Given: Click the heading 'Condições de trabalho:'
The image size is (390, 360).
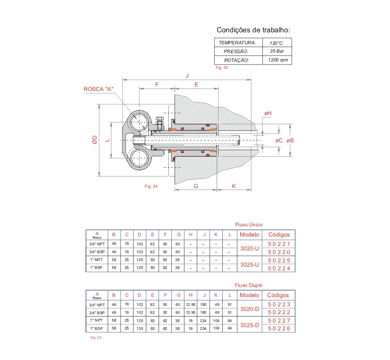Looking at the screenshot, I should pyautogui.click(x=253, y=30).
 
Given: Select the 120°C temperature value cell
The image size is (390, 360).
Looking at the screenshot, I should pyautogui.click(x=276, y=43).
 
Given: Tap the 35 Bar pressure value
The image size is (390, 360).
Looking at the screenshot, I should pyautogui.click(x=276, y=51).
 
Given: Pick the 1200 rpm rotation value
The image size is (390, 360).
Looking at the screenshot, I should pyautogui.click(x=276, y=60).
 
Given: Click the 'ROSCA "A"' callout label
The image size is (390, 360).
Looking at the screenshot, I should pyautogui.click(x=98, y=89).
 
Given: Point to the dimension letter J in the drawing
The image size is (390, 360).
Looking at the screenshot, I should pyautogui.click(x=187, y=75).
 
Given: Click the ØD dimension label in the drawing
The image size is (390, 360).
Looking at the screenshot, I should pyautogui.click(x=94, y=140).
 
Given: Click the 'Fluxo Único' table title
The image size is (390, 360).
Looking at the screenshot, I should pyautogui.click(x=249, y=225).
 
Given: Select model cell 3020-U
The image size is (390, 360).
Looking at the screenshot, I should pyautogui.click(x=250, y=248).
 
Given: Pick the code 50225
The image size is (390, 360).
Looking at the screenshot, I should pyautogui.click(x=278, y=261).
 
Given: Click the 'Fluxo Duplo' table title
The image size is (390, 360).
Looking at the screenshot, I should pyautogui.click(x=249, y=285).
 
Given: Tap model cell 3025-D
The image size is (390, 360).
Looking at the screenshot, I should pyautogui.click(x=250, y=325).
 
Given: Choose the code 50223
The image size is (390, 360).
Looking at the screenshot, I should pyautogui.click(x=278, y=304).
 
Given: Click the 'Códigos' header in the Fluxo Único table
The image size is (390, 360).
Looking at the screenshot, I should pyautogui.click(x=278, y=234).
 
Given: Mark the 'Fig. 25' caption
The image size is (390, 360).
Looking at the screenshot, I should pyautogui.click(x=96, y=338).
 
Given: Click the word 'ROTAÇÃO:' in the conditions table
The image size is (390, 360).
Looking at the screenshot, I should pyautogui.click(x=236, y=60).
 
